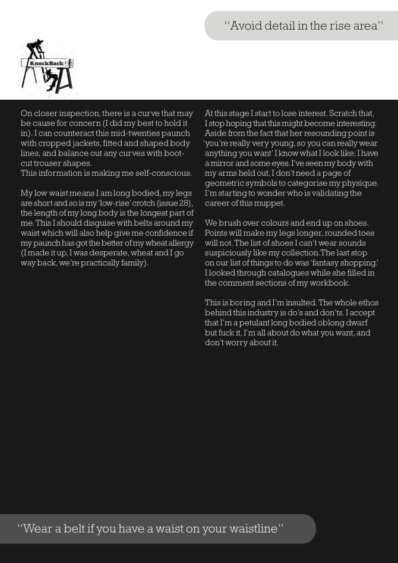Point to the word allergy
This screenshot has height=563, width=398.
(x=180, y=243)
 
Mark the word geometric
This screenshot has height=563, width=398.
(x=225, y=184)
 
